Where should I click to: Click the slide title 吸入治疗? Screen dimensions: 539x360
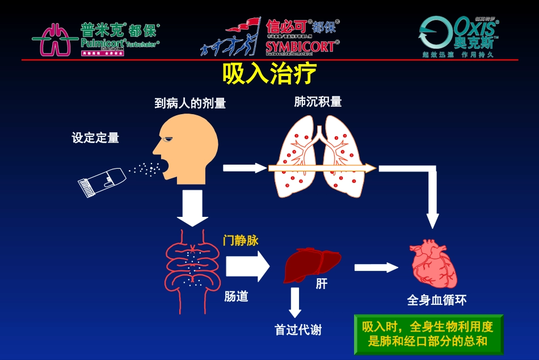(269, 74)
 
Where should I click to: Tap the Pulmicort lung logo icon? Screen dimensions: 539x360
(52, 39)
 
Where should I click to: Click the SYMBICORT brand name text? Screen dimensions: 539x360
(300, 47)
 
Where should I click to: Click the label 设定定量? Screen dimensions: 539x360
(95, 138)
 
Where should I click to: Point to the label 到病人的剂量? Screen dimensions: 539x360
(190, 103)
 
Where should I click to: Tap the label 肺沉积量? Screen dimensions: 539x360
(318, 102)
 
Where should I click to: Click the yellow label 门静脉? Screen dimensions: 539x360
(241, 241)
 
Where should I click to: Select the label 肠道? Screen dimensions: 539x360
(236, 296)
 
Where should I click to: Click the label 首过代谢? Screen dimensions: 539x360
(298, 330)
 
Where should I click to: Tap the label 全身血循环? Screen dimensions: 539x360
(437, 300)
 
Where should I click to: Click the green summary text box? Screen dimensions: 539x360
(428, 334)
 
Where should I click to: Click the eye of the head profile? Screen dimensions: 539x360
(166, 139)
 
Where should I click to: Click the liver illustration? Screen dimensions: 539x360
(311, 264)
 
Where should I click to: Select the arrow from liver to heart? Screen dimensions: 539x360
(377, 267)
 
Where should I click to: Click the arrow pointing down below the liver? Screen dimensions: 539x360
(294, 302)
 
